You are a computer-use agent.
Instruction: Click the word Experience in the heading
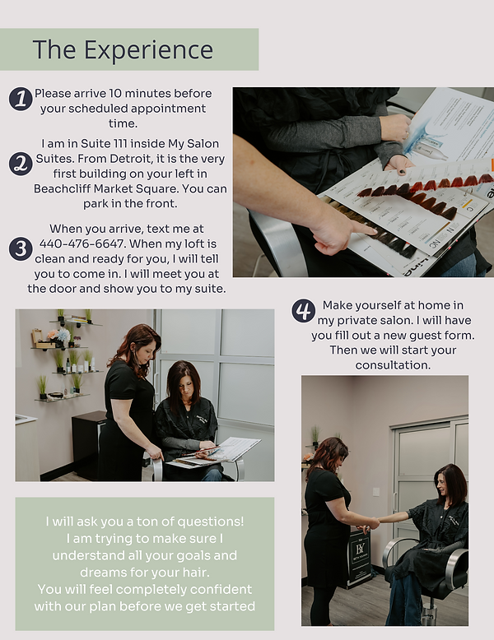click(x=148, y=50)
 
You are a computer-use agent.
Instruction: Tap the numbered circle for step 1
click(x=21, y=99)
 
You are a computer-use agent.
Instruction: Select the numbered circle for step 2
click(x=21, y=164)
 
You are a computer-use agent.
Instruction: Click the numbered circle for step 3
click(x=21, y=248)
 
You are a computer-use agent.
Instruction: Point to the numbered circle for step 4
click(x=303, y=311)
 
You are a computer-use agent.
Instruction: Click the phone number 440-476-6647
click(x=82, y=243)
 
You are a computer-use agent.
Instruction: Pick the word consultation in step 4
click(x=393, y=365)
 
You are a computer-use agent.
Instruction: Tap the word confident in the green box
click(x=221, y=589)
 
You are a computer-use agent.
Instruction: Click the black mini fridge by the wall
click(x=88, y=444)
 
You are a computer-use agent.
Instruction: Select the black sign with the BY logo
click(x=358, y=560)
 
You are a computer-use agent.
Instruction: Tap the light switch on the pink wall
click(x=376, y=492)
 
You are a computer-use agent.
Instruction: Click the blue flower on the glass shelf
click(x=63, y=335)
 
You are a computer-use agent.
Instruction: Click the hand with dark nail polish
click(x=398, y=165)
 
